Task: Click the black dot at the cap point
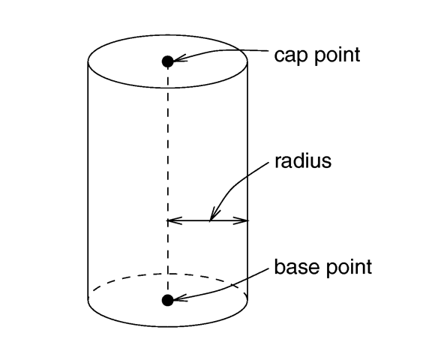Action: tap(168, 61)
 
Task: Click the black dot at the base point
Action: tap(168, 300)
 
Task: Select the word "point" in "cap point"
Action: tap(337, 55)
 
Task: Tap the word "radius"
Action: tap(303, 160)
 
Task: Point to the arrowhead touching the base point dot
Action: tap(179, 298)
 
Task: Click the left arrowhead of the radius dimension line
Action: tap(174, 220)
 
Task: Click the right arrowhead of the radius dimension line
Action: tap(241, 220)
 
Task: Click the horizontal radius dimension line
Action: tap(208, 220)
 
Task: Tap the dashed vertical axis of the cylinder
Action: tap(168, 181)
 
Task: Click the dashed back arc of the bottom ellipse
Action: tap(168, 274)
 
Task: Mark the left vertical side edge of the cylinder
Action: tap(88, 181)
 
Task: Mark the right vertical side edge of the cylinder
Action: tap(247, 181)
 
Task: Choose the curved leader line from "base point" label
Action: tap(225, 289)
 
